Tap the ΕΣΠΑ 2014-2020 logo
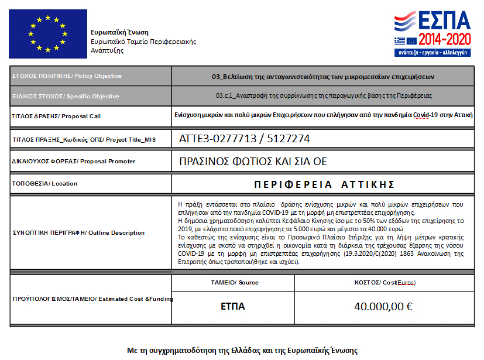432,32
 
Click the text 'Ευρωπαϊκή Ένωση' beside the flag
119,32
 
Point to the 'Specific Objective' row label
65,96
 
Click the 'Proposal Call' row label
56,116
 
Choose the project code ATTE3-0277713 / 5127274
244,139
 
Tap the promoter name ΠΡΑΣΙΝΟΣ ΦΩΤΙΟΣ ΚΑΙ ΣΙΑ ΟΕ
253,161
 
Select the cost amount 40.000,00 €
383,306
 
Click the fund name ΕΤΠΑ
232,306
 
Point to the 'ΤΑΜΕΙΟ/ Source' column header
234,283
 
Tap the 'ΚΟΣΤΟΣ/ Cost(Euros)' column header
385,283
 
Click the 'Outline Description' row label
78,233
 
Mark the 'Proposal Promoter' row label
73,161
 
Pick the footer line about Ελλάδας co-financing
242,350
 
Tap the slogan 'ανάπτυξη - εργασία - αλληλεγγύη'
432,52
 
